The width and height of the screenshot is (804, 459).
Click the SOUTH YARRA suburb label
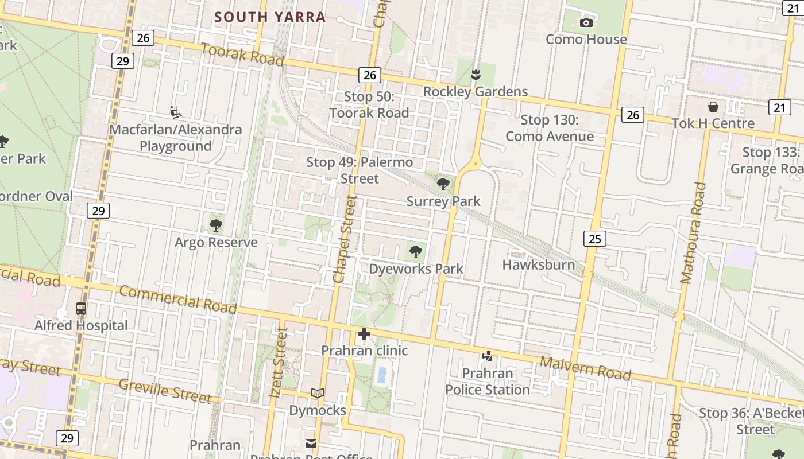click(x=270, y=17)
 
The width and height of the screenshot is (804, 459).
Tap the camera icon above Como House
click(x=586, y=22)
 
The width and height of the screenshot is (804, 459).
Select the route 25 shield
click(x=594, y=238)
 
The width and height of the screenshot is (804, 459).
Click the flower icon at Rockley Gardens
click(x=476, y=75)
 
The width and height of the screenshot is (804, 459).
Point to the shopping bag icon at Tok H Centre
click(x=713, y=107)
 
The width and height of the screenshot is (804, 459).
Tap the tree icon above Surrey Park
click(x=443, y=184)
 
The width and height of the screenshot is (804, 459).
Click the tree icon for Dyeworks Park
click(x=415, y=251)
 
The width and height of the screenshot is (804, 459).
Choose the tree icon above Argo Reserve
click(x=216, y=225)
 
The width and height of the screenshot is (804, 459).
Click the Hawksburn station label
click(x=538, y=264)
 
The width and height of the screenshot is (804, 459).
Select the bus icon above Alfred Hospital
click(x=81, y=309)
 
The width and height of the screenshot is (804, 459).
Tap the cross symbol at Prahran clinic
click(x=364, y=334)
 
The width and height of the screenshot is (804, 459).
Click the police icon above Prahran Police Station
click(x=487, y=356)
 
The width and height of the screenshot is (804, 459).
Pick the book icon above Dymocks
click(x=317, y=394)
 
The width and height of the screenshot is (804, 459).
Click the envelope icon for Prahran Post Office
click(x=311, y=444)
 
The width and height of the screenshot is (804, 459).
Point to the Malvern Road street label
click(x=585, y=368)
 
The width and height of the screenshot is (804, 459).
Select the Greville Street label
click(x=165, y=390)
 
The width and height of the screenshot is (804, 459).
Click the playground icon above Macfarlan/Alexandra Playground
click(x=176, y=112)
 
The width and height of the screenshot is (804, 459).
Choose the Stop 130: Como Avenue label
click(x=549, y=128)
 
